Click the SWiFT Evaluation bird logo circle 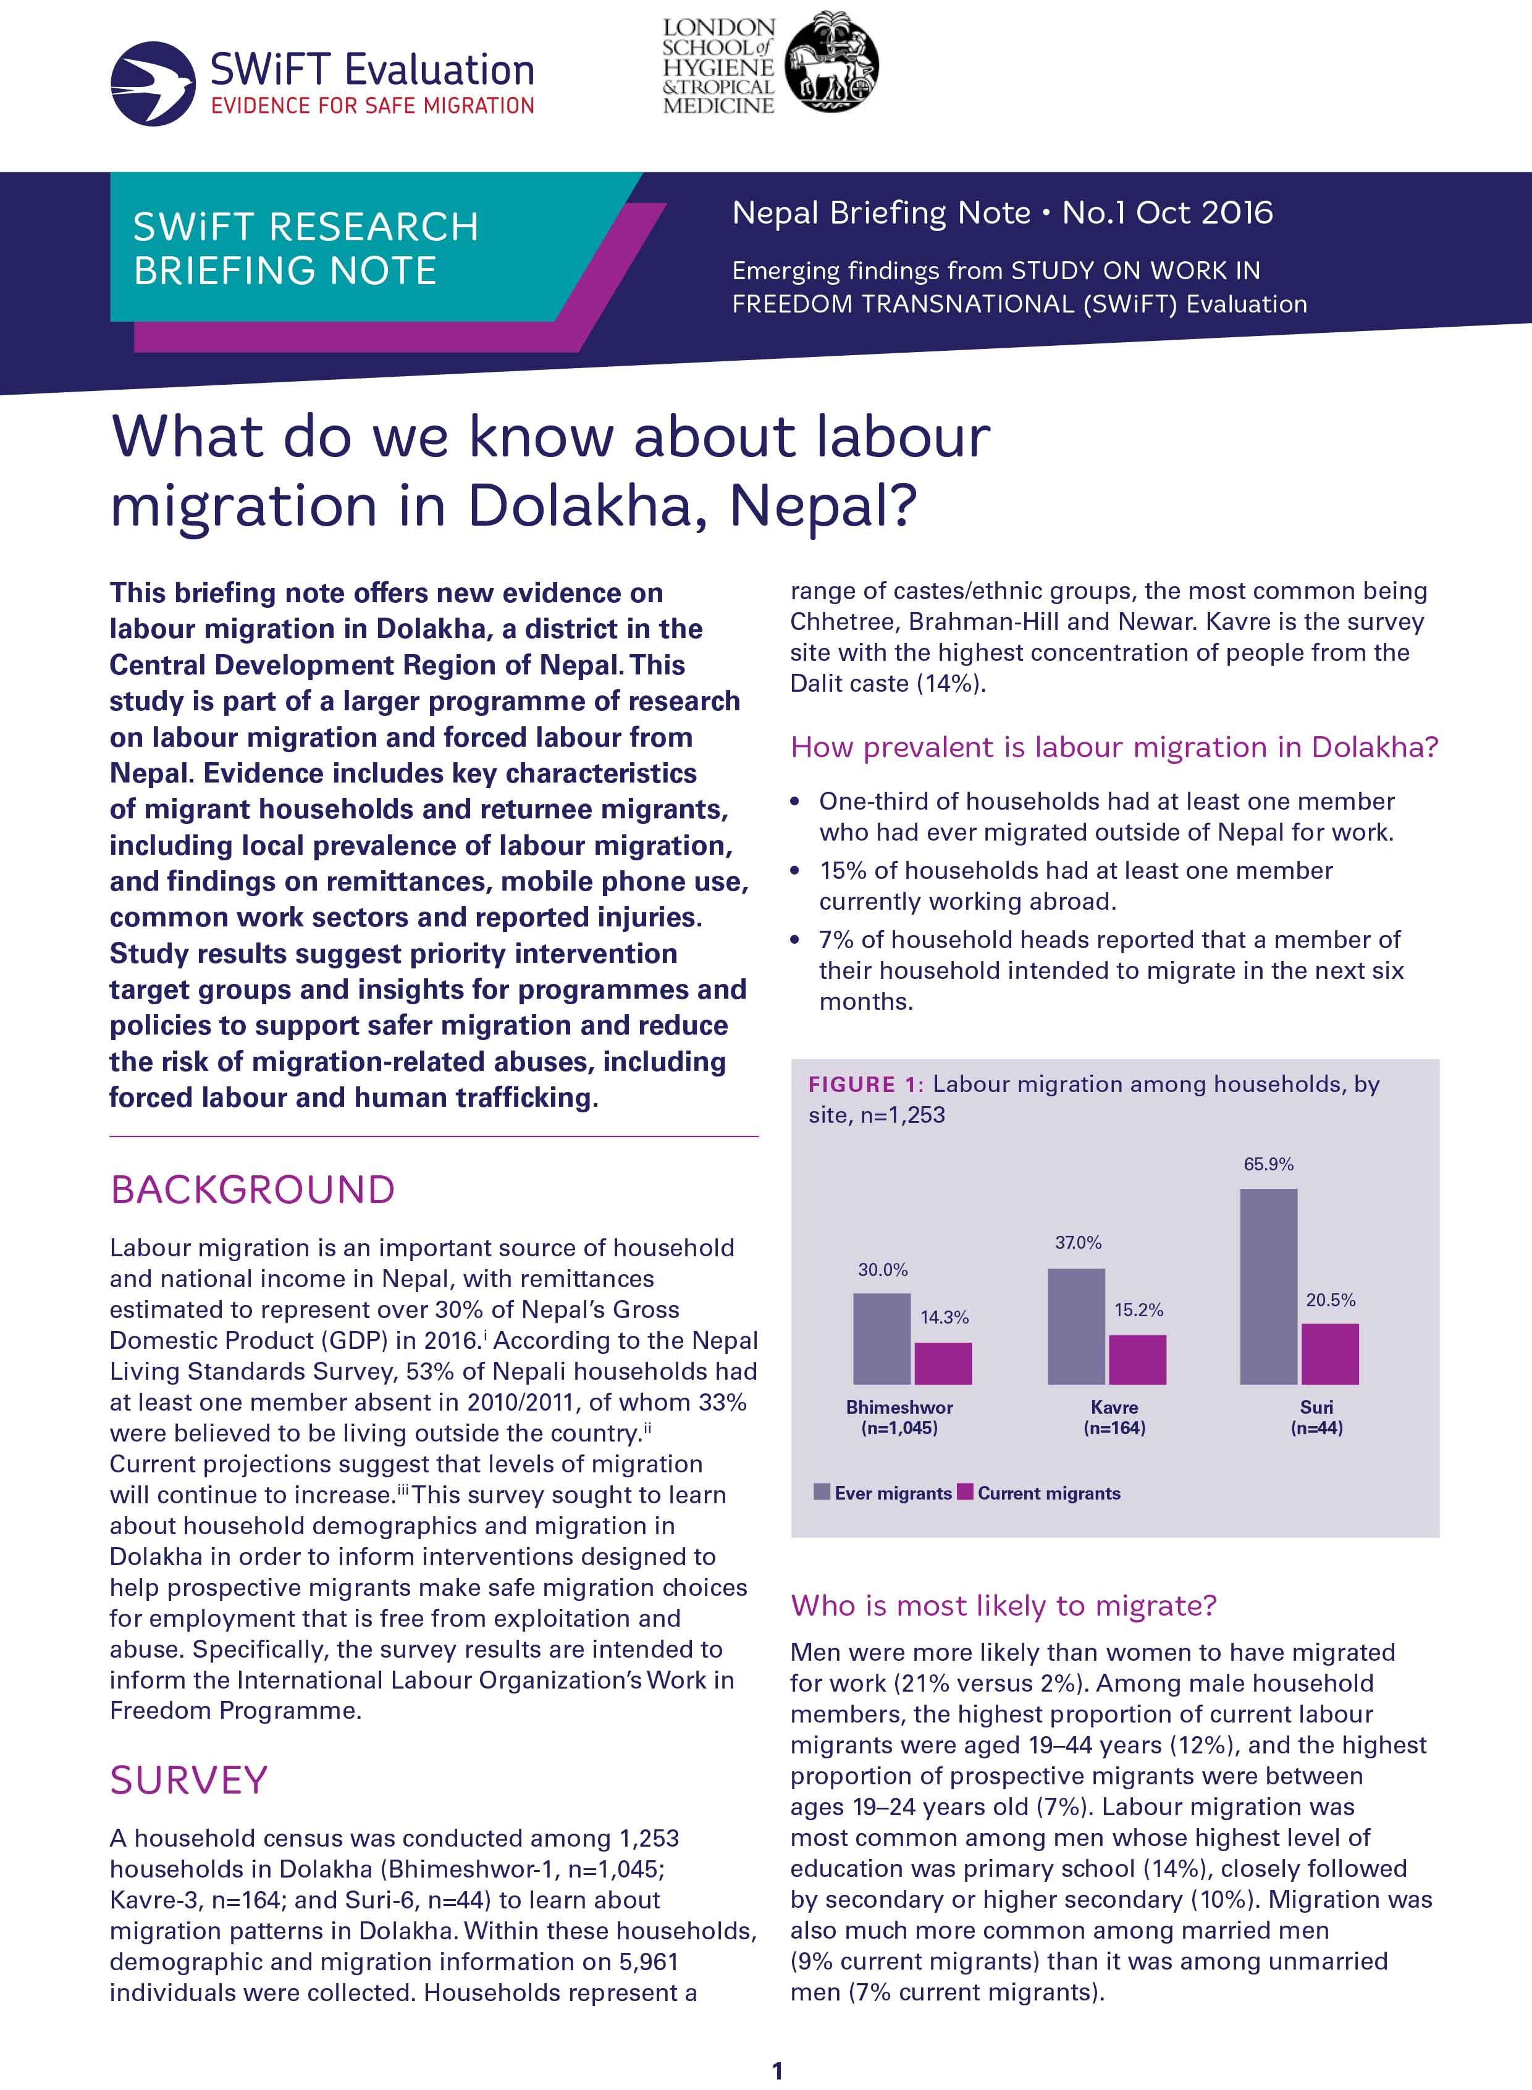point(153,83)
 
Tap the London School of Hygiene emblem point(832,63)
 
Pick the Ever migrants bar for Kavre point(1075,1326)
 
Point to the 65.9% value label point(1268,1164)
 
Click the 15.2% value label point(1138,1309)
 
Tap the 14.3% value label point(944,1317)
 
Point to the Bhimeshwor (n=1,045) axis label point(899,1417)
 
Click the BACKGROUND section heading point(252,1190)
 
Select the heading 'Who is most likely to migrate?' point(1003,1605)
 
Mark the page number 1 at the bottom point(777,2070)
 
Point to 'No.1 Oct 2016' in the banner point(1167,213)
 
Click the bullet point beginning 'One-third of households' point(1105,816)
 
